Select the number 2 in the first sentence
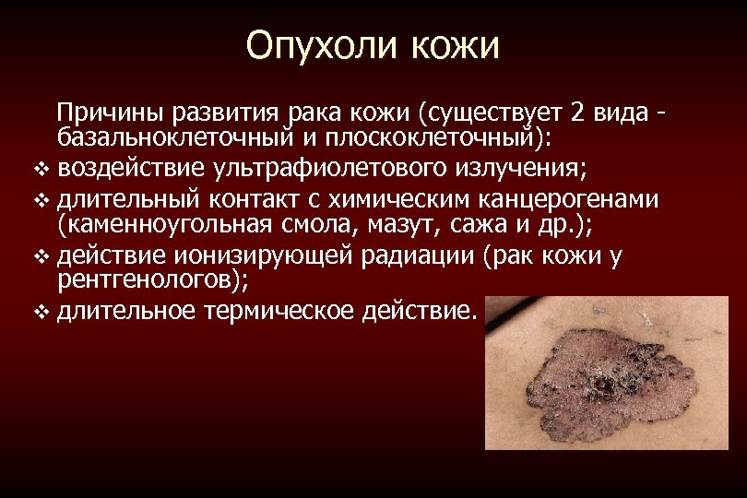click(577, 114)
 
